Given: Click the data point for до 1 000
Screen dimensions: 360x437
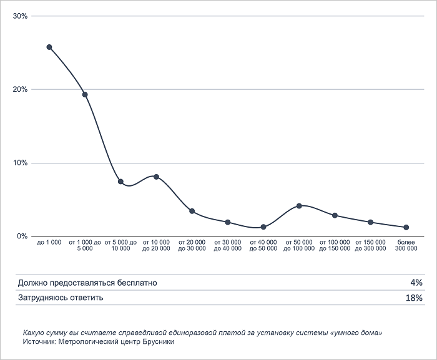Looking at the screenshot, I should [49, 47].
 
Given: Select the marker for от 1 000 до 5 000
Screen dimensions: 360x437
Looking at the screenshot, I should [85, 95].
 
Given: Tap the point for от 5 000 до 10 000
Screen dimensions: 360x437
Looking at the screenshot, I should [120, 182].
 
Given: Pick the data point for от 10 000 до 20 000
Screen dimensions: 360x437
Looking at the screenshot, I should [156, 177].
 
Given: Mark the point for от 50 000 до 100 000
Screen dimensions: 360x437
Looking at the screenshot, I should [300, 206].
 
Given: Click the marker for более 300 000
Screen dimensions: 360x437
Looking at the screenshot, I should [406, 227].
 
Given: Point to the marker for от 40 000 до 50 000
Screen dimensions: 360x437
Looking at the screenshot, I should [263, 227].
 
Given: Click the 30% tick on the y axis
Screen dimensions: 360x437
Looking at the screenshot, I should [21, 16].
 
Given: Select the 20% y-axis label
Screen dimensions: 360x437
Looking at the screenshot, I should [21, 89].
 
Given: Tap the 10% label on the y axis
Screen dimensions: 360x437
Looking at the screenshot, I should [21, 163].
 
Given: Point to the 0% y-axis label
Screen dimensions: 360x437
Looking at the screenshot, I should [22, 236].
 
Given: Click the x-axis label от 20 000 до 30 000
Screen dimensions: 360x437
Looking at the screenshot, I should [192, 245].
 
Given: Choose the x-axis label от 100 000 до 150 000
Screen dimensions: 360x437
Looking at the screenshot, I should [335, 245].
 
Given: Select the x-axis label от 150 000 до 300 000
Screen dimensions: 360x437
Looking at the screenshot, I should [371, 245].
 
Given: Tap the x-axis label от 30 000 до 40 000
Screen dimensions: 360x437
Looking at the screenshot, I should [228, 245].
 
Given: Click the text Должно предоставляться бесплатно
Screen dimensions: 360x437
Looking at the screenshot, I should [87, 283].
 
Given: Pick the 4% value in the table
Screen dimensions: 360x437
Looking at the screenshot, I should [416, 283].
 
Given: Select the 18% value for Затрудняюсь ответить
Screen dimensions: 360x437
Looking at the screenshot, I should [414, 298].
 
